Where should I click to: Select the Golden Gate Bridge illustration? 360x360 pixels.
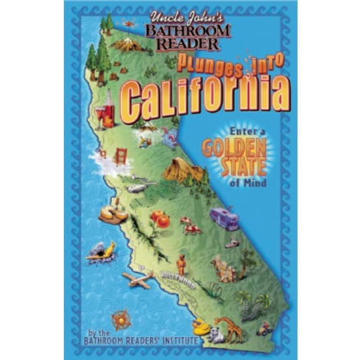[x=120, y=156]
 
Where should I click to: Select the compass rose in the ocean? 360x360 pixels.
[x=120, y=318]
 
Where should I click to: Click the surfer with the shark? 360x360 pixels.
[x=103, y=251]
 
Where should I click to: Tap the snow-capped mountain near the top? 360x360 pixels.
[x=128, y=45]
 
